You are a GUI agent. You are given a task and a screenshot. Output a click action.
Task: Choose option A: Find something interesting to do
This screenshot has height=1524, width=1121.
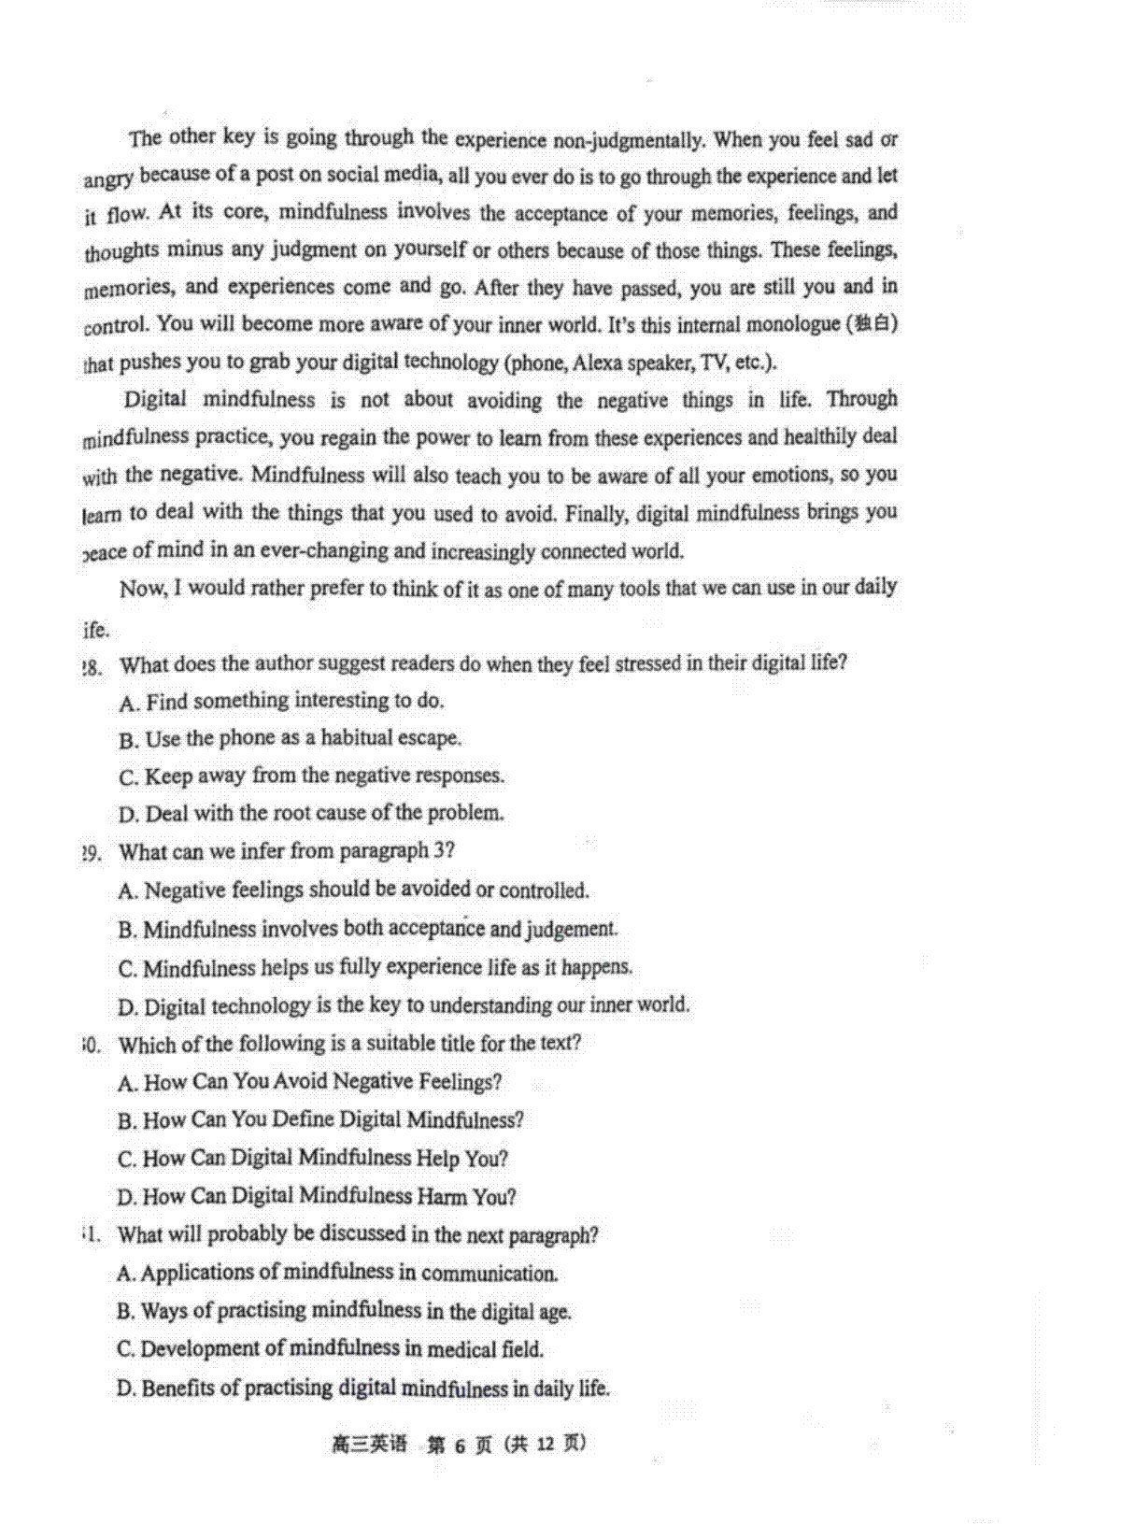(282, 701)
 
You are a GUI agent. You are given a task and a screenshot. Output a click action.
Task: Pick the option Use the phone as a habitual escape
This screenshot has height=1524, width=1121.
(291, 738)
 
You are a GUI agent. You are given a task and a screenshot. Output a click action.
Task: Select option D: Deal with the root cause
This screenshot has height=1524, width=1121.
(311, 813)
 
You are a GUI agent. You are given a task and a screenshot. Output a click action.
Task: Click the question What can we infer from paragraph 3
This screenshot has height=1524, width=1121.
(287, 851)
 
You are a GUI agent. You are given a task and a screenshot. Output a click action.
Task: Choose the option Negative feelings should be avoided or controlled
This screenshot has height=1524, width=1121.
(354, 890)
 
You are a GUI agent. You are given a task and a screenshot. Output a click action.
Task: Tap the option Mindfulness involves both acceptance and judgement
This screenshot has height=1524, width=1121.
(368, 929)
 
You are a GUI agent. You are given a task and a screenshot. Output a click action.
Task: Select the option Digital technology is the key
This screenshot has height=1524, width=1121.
(404, 1005)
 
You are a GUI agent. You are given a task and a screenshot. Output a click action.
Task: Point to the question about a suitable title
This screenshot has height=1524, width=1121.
(349, 1043)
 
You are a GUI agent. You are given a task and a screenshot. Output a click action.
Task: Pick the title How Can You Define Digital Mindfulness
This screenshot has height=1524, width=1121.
(320, 1119)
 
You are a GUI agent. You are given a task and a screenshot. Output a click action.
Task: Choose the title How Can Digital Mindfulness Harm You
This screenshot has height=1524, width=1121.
(317, 1196)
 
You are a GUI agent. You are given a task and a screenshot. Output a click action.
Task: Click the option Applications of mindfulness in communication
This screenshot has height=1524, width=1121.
(337, 1273)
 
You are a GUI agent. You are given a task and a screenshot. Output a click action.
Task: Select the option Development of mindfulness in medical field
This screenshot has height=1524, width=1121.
(330, 1349)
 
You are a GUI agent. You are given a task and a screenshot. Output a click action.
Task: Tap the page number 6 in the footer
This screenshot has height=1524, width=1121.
(459, 1445)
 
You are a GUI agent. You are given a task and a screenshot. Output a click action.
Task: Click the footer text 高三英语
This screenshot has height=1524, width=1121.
(369, 1445)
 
